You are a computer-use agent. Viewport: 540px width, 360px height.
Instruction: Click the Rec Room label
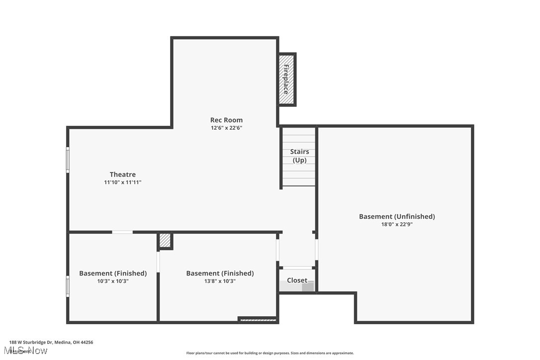tap(226, 120)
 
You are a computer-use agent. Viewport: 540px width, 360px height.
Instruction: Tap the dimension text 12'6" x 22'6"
tap(226, 128)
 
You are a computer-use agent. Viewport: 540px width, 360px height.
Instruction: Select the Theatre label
tap(123, 175)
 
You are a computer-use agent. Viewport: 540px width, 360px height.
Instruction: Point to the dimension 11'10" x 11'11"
tap(123, 182)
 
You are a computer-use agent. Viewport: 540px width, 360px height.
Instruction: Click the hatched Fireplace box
tap(286, 79)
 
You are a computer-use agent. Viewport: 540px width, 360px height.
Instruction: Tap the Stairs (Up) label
tap(299, 156)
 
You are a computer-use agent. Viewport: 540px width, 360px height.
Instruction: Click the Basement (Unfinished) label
tap(397, 216)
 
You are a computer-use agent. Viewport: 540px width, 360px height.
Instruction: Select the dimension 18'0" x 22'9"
tap(397, 224)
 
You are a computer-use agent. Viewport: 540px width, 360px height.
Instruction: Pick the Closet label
tap(297, 280)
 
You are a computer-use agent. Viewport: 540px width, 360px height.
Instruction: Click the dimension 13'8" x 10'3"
tap(220, 281)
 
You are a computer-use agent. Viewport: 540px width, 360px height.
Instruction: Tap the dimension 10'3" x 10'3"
tap(113, 281)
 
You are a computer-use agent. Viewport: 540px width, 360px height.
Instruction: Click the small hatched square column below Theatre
tap(165, 241)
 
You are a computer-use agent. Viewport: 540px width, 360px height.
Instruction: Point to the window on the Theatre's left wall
tap(68, 160)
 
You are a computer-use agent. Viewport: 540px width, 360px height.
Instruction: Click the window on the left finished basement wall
tap(68, 286)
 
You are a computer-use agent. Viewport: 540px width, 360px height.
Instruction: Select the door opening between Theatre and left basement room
tap(122, 232)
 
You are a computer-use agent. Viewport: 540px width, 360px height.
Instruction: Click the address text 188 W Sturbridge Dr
tap(51, 342)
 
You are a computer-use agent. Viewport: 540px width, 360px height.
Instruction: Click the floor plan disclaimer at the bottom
tap(270, 353)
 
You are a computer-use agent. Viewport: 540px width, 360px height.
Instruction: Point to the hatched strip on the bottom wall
tap(258, 320)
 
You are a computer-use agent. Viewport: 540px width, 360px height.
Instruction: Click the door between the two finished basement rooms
tap(158, 262)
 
